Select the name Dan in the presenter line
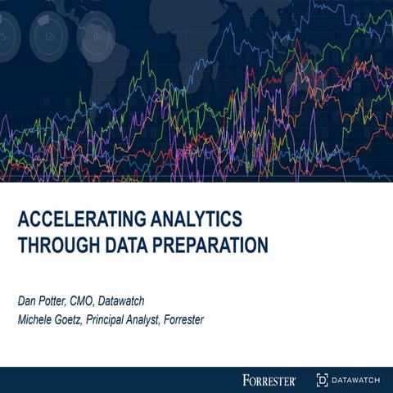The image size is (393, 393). pyautogui.click(x=29, y=300)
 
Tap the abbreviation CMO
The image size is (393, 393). pyautogui.click(x=94, y=300)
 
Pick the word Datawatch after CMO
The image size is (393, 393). pyautogui.click(x=140, y=300)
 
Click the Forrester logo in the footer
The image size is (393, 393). pyautogui.click(x=270, y=379)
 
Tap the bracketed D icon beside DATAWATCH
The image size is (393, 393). pyautogui.click(x=322, y=379)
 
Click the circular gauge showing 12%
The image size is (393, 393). pyautogui.click(x=49, y=34)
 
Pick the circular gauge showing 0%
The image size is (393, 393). pyautogui.click(x=97, y=34)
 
